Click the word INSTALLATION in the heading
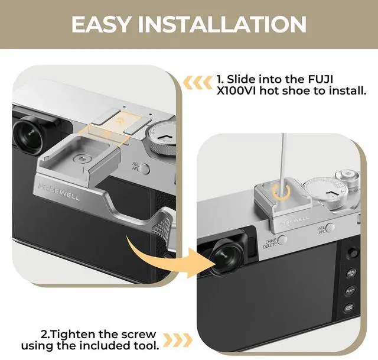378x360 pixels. coord(222,24)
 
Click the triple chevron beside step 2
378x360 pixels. coord(178,340)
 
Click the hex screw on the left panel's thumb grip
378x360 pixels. coord(81,159)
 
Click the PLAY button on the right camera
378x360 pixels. coord(350,290)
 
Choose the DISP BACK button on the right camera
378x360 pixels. coord(349,308)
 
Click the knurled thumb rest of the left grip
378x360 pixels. coord(162,225)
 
